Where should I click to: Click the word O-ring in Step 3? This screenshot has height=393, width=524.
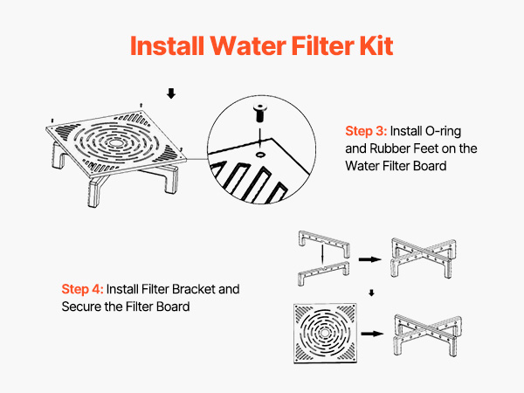tap(445, 132)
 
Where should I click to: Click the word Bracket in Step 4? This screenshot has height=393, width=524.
tap(203, 288)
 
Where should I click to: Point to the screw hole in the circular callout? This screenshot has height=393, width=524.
tap(262, 150)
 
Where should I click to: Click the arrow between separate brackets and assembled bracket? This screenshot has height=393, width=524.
tap(370, 259)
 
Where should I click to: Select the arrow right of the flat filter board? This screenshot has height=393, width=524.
tap(370, 333)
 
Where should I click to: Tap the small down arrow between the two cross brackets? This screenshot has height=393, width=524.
tap(372, 293)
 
